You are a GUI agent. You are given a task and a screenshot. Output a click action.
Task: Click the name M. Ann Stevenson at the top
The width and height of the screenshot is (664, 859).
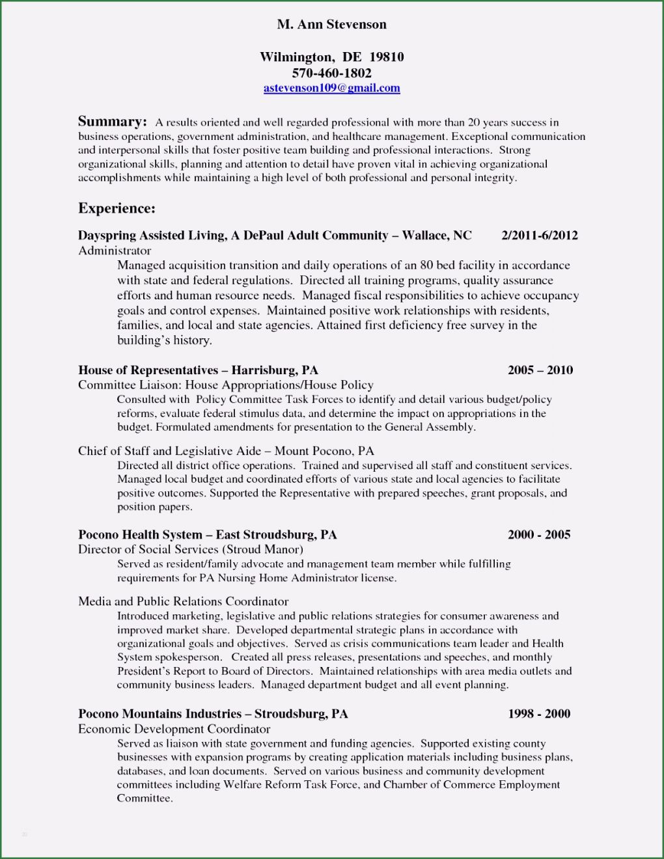(331, 25)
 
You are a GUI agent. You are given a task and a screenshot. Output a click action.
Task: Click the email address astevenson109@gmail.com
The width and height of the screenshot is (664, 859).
(331, 89)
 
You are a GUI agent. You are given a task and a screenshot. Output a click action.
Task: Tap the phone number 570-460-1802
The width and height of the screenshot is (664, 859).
(331, 73)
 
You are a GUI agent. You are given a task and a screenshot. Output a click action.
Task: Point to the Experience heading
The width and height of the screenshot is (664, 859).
(117, 208)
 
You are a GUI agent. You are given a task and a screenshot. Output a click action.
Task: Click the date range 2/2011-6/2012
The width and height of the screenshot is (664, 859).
(539, 236)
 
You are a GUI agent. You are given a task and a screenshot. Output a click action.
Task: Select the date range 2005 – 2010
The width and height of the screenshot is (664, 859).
(540, 370)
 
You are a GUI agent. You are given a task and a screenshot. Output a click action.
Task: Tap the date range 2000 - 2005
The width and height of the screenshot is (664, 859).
(538, 535)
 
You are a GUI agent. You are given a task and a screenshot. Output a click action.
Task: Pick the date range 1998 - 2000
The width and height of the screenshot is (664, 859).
(538, 714)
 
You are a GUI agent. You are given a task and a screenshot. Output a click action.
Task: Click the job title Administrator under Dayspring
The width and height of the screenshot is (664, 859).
(115, 251)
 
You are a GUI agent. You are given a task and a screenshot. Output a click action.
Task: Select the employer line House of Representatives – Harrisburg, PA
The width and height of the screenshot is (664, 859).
(198, 370)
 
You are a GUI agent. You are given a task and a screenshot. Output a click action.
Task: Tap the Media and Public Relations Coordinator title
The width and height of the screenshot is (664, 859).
(183, 601)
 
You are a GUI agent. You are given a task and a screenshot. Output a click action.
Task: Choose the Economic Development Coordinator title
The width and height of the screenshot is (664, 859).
(174, 729)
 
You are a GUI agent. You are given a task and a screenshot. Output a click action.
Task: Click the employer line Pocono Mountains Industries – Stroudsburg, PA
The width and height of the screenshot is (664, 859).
(213, 714)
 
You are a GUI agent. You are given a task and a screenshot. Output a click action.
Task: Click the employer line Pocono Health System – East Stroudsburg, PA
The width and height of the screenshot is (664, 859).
(207, 535)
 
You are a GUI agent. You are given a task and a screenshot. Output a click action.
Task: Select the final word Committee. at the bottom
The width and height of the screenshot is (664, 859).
(145, 798)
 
